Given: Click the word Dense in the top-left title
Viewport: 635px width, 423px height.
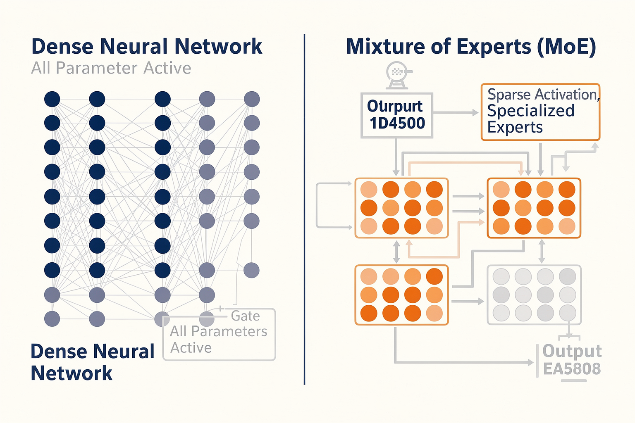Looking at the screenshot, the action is tap(62, 46).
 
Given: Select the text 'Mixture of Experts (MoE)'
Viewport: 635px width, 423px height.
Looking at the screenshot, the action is tap(471, 47).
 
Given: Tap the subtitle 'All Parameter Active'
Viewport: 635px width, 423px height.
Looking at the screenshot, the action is tap(111, 68).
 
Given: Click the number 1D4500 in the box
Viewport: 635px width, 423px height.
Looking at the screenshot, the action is tap(397, 123).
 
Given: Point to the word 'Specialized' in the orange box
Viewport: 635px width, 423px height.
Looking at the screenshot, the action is tap(531, 110).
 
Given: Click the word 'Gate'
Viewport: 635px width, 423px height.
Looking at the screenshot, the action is tap(245, 316).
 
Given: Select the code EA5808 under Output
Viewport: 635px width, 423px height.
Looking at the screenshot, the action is tap(572, 369).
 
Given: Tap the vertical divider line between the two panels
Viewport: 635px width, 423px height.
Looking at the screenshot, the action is tap(304, 209).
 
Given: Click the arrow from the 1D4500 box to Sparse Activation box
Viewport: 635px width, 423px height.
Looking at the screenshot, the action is tap(456, 112).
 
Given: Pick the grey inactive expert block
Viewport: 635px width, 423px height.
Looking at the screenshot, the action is tap(534, 295).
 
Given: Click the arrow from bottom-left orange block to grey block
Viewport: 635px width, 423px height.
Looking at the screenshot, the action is tap(468, 301).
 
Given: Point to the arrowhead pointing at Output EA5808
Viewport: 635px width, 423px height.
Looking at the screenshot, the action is tap(530, 362).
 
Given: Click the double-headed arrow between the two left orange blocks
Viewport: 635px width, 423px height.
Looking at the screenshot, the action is tap(396, 252).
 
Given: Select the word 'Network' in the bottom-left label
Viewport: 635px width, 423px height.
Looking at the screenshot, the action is tap(72, 373).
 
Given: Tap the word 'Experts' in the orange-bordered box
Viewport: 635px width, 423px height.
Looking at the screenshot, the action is tap(515, 127).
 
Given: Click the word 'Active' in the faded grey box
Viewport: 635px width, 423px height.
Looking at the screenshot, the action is tap(191, 348).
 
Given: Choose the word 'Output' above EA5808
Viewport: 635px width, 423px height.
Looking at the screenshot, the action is tap(572, 351).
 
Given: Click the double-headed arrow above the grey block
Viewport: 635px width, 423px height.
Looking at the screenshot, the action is tap(542, 251).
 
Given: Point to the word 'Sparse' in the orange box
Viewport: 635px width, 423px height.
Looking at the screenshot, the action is tap(509, 94).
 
